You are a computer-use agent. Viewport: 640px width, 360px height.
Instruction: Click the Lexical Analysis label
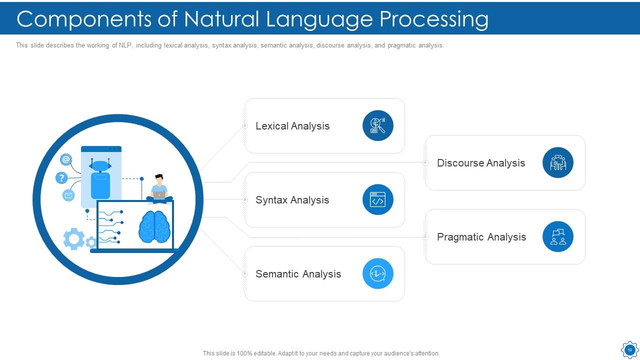292,126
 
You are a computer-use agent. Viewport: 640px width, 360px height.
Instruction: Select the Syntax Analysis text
292,200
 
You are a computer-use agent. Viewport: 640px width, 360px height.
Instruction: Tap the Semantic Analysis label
298,274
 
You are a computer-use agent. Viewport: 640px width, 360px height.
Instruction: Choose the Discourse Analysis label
480,163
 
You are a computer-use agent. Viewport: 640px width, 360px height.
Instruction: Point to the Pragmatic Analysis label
481,237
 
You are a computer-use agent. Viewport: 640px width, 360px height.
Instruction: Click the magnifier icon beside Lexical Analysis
377,125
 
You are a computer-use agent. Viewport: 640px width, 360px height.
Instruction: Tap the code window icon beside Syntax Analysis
377,199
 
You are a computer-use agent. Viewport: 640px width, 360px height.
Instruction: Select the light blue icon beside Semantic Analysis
377,273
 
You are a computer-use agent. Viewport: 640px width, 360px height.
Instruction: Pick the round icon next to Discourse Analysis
557,162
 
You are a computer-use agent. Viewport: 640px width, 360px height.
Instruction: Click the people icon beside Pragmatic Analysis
557,236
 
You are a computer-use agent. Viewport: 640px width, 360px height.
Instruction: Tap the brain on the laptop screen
154,227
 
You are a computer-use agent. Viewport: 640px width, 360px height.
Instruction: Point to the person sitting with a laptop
159,189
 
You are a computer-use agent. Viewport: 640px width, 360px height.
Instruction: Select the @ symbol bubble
66,159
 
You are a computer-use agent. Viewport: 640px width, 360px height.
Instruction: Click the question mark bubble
61,178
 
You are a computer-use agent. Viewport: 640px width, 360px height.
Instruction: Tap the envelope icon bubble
68,195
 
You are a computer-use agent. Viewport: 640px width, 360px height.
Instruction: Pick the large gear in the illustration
74,239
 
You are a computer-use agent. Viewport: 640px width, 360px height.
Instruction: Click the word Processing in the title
433,19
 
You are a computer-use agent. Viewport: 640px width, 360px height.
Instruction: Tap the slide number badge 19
629,350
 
